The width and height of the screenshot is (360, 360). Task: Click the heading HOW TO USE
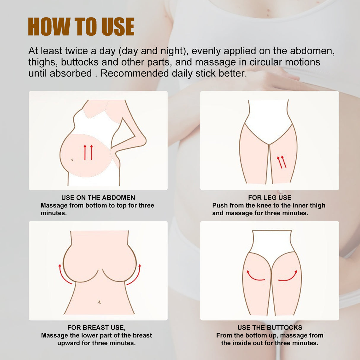tap(81, 27)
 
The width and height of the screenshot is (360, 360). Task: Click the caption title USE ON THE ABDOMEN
tap(98, 197)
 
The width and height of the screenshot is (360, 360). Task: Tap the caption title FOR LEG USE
tap(270, 197)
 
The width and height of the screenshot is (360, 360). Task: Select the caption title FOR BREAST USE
tap(96, 327)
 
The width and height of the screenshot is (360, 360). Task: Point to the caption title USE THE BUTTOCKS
tap(270, 327)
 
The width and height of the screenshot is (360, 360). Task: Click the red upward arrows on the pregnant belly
tap(88, 152)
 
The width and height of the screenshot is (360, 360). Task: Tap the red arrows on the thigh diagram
tap(282, 162)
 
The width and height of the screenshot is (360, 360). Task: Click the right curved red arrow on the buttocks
tap(288, 276)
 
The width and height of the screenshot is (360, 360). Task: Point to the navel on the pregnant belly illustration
tap(72, 160)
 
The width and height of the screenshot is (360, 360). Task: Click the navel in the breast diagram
tap(99, 302)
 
